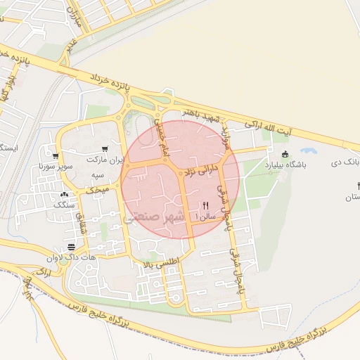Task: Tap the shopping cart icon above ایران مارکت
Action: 104,149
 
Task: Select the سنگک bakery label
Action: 65,205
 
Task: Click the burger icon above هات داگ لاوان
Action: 71,246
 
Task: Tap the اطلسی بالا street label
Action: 161,262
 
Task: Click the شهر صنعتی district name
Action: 155,217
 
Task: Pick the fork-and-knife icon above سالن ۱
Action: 205,205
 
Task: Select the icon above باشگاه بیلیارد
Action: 284,155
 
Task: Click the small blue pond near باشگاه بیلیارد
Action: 307,150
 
